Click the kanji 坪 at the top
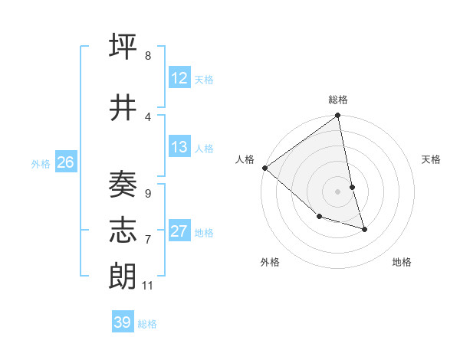click(123, 47)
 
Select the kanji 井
click(123, 108)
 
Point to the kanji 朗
click(123, 277)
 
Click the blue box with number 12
click(179, 79)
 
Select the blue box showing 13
click(179, 147)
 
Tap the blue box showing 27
click(179, 232)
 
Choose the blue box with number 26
click(65, 162)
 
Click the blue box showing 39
click(123, 322)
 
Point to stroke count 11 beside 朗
click(147, 286)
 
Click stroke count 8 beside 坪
click(147, 57)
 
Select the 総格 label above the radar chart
click(338, 100)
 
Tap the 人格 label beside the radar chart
click(245, 159)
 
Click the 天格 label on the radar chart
click(431, 159)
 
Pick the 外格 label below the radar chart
click(270, 262)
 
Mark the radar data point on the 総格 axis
click(338, 116)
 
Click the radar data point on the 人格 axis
click(264, 168)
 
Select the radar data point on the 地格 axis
click(365, 229)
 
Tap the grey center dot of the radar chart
click(338, 191)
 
